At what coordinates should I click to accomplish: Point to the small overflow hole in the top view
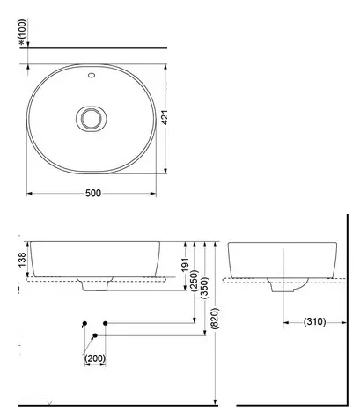(91, 77)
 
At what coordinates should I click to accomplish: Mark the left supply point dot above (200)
(84, 324)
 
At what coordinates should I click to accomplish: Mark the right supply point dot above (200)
(105, 324)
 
